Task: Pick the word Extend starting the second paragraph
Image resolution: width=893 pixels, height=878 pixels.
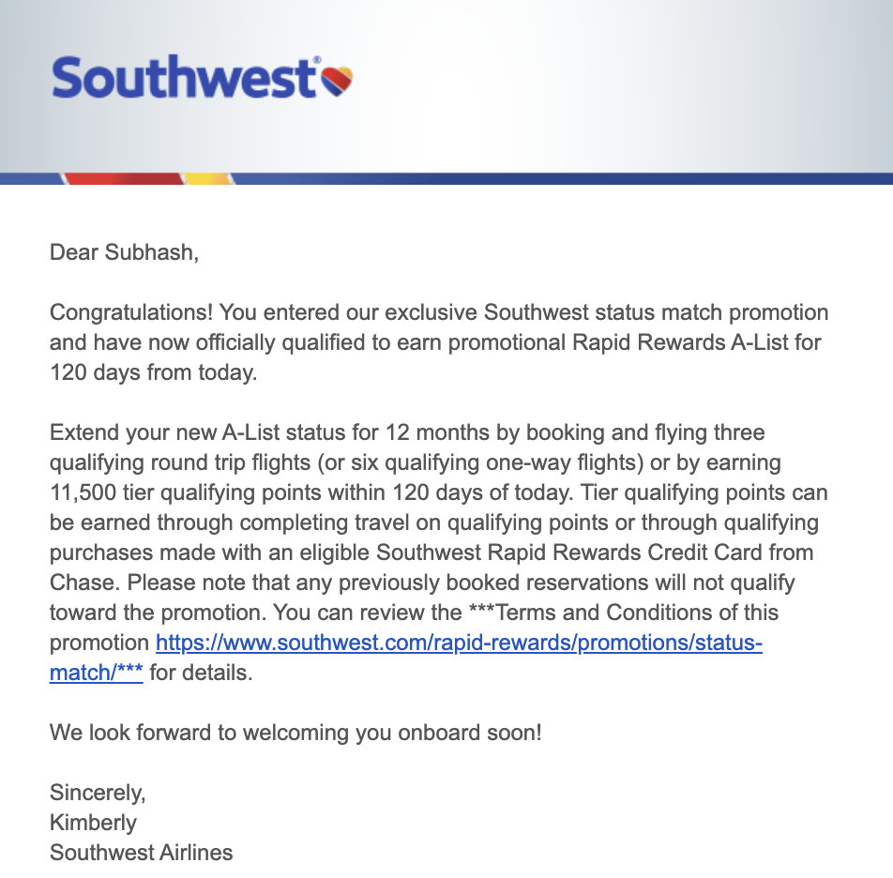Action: pyautogui.click(x=82, y=432)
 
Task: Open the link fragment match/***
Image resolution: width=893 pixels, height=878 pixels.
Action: pyautogui.click(x=97, y=673)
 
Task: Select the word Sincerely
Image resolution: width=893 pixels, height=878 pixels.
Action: pyautogui.click(x=98, y=793)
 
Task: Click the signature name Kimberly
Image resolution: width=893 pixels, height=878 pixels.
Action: pyautogui.click(x=93, y=823)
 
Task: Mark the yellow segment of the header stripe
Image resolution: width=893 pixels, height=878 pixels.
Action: pyautogui.click(x=206, y=178)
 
